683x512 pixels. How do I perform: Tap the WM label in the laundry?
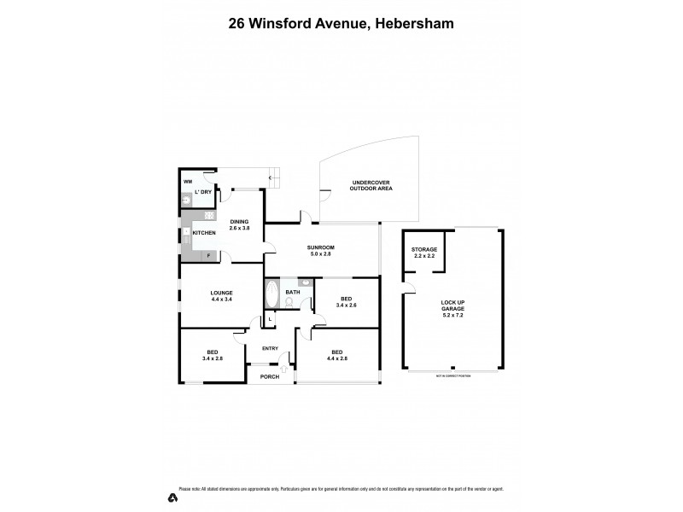[188, 182]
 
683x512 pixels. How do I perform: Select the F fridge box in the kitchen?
[208, 254]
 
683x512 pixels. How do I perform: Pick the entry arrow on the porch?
[283, 369]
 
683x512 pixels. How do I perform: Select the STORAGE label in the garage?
[424, 249]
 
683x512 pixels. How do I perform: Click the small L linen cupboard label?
[270, 319]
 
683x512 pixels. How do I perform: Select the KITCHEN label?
[203, 233]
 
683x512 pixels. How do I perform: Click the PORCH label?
[270, 376]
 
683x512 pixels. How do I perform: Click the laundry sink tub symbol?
[186, 201]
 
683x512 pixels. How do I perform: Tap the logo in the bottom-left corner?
[173, 497]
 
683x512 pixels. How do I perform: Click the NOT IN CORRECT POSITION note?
[452, 375]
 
